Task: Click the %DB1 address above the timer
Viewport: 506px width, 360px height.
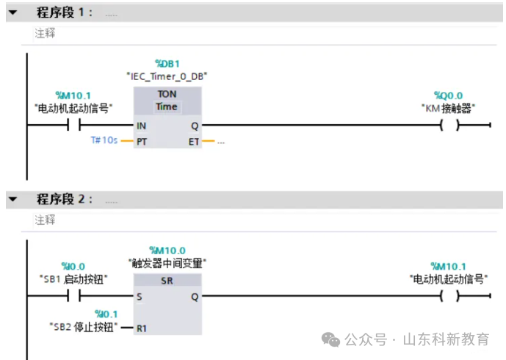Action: pos(167,64)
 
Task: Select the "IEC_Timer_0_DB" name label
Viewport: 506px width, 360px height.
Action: pos(167,76)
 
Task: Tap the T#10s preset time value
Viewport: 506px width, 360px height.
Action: pos(104,140)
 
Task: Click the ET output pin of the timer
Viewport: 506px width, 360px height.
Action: pos(194,140)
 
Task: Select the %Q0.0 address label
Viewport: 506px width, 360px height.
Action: pos(448,96)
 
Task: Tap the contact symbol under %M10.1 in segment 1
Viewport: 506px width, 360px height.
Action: pos(73,126)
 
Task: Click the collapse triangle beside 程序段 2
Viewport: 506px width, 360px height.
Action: pos(12,199)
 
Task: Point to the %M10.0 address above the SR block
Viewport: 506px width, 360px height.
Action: pos(167,251)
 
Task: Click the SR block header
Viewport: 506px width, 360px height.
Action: pos(167,281)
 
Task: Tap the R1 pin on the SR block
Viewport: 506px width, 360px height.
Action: pos(142,328)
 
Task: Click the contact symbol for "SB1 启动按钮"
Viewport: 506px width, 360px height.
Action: pos(73,296)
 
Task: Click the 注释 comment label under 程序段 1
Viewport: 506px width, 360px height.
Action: pos(45,33)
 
